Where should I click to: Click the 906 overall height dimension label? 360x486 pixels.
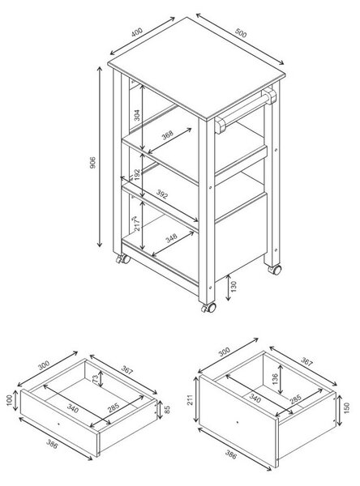click(x=92, y=163)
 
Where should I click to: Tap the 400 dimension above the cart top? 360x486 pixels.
click(x=136, y=32)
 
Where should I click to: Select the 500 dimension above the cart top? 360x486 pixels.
click(x=241, y=32)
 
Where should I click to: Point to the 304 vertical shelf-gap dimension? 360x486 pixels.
click(x=137, y=115)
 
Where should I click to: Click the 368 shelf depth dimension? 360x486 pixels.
click(x=168, y=135)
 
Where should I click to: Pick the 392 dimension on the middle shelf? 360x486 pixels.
click(x=161, y=194)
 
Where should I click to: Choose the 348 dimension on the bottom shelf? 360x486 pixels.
click(x=171, y=238)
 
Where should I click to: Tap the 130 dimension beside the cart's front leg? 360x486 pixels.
click(x=234, y=287)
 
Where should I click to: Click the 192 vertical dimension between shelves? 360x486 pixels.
click(x=137, y=174)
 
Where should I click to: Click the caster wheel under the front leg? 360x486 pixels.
click(x=208, y=308)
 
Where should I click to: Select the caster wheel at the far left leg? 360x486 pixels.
click(x=123, y=259)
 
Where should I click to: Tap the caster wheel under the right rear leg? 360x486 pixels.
click(x=275, y=270)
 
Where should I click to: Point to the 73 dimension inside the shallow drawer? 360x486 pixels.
click(x=96, y=377)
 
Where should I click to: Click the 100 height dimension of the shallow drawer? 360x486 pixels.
click(x=9, y=400)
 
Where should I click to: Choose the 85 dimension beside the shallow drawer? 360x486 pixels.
click(x=167, y=410)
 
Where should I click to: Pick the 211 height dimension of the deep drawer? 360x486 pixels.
click(x=191, y=399)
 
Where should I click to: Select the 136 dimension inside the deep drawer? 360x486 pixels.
click(x=276, y=379)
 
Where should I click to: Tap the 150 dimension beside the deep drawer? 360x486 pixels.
click(x=347, y=408)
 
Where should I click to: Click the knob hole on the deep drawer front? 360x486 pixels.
click(x=238, y=422)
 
